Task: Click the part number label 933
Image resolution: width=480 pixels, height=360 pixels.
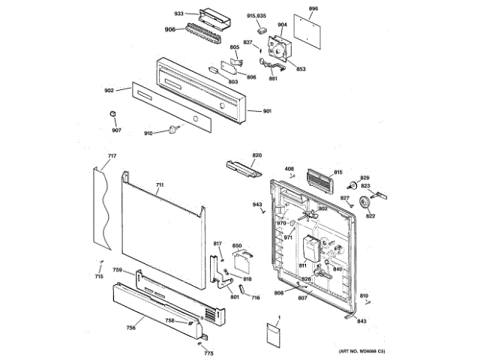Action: point(178,14)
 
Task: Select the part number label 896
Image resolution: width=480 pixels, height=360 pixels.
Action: point(313,9)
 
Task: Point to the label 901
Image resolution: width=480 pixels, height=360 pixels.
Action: point(267,112)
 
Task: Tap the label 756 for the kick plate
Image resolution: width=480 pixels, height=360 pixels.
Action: point(130,328)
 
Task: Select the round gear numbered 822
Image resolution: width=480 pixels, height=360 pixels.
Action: point(367,202)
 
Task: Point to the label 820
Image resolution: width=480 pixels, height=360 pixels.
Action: point(256,155)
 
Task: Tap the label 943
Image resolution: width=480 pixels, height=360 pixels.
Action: point(257,205)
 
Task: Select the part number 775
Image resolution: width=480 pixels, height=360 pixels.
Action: point(208,353)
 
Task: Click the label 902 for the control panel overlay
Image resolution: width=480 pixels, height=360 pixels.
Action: point(109,91)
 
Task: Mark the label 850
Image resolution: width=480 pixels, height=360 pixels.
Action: point(236,245)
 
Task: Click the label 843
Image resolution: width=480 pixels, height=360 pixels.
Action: point(361,321)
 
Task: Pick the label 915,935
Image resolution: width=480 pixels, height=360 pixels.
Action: point(256,16)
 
